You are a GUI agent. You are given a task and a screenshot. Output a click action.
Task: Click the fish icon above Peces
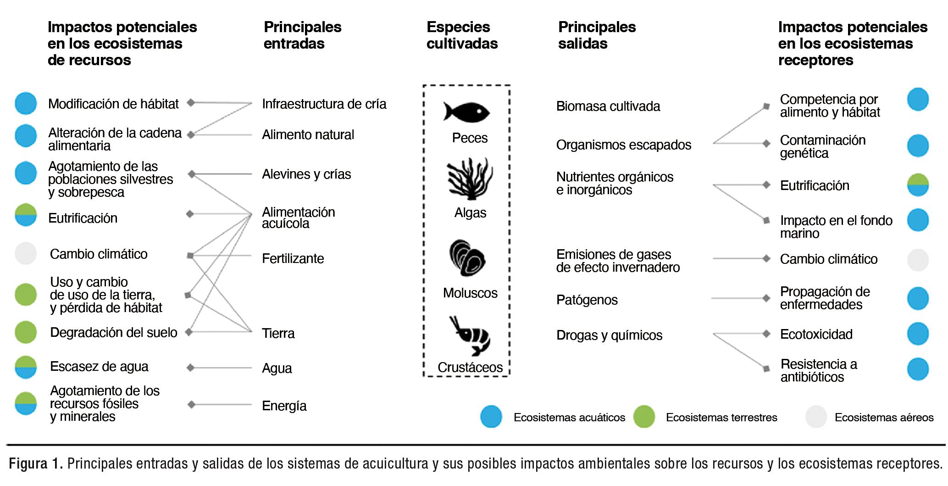point(466,112)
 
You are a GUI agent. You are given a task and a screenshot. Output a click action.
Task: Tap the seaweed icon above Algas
point(470,179)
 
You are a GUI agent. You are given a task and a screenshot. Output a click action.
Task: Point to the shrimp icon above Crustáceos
point(470,335)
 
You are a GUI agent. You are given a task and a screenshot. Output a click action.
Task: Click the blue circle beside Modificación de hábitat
point(26,103)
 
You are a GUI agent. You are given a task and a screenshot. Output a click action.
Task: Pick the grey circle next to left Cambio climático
point(26,254)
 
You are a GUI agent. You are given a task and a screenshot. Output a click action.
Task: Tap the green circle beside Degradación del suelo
point(26,332)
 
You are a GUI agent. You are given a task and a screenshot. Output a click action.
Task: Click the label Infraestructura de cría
point(324,104)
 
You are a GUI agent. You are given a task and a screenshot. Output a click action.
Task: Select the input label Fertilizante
point(293,259)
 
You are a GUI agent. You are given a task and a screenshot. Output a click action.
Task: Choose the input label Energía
point(284,406)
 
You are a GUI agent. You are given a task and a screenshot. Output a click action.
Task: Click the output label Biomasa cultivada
point(608,106)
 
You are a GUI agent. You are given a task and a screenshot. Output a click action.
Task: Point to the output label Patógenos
point(587,300)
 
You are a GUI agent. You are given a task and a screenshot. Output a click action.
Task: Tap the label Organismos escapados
point(623,145)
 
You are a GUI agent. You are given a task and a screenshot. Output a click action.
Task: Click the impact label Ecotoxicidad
point(816,335)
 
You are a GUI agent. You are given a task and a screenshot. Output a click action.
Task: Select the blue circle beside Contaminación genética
point(918,146)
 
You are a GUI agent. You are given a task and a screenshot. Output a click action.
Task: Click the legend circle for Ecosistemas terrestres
point(644,417)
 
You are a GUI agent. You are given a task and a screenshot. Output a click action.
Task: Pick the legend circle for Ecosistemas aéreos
point(816,417)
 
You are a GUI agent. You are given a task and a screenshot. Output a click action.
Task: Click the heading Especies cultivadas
point(462,35)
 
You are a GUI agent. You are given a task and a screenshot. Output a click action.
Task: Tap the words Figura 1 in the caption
point(35,464)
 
